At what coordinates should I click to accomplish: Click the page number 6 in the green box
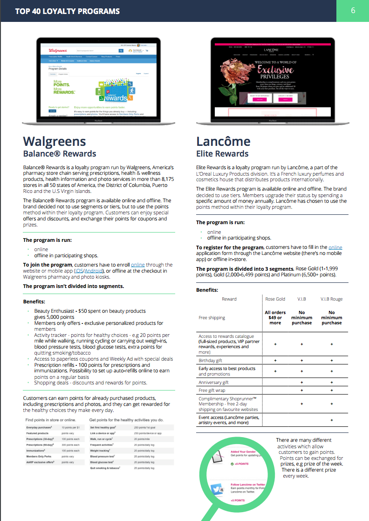pos(353,11)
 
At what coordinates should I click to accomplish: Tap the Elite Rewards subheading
pos(222,154)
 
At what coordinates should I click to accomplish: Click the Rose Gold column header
pos(275,299)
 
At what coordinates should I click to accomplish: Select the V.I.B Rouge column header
pos(331,299)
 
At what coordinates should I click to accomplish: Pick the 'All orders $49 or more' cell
pos(275,317)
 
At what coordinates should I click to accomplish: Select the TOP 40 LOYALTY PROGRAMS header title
pos(67,11)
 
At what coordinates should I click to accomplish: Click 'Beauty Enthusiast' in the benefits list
pos(55,311)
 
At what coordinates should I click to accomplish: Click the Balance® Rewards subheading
pos(60,154)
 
